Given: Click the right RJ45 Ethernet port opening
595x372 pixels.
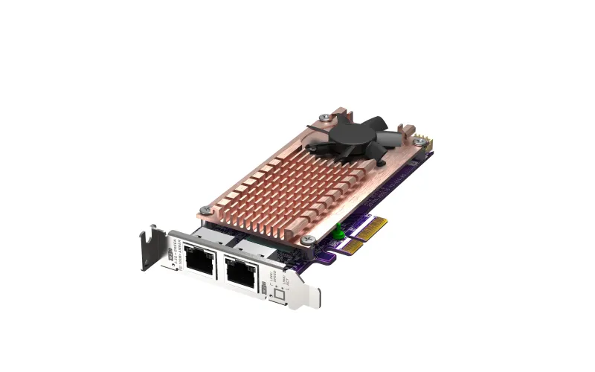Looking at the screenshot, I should tap(241, 275).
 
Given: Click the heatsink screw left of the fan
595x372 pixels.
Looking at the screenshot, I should tap(326, 116).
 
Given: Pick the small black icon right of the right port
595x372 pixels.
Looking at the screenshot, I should tap(263, 284).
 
